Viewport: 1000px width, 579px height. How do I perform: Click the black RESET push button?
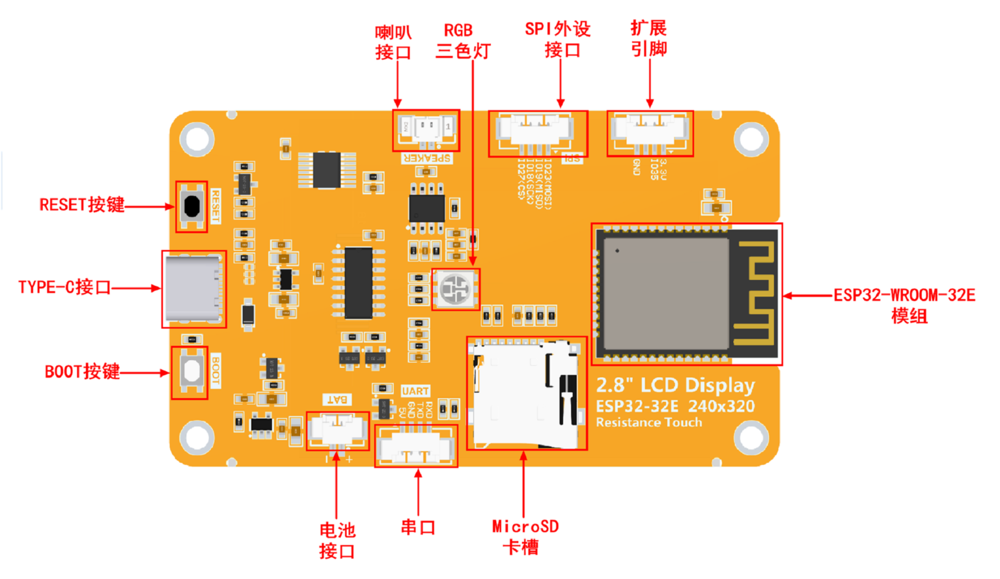191,206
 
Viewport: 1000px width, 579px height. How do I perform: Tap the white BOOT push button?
191,371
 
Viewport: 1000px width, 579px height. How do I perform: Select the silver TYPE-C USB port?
193,289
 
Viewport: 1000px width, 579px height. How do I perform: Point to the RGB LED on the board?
456,289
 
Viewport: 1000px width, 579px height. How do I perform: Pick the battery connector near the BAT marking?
337,430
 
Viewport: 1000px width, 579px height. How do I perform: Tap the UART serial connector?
416,447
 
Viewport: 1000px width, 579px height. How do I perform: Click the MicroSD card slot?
526,393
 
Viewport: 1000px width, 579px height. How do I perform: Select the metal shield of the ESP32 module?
665,294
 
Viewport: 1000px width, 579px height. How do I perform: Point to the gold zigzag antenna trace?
755,293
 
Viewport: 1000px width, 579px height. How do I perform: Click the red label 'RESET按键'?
82,205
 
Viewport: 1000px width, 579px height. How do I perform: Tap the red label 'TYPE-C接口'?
64,287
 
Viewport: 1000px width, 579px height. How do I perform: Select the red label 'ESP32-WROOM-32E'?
904,296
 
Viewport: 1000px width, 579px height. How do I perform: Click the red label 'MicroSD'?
525,526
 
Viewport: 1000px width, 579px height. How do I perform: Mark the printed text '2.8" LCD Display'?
675,386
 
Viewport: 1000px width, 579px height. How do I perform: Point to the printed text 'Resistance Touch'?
648,423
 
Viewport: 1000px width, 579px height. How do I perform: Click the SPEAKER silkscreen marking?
427,158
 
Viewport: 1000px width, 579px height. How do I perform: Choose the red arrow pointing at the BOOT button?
145,373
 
